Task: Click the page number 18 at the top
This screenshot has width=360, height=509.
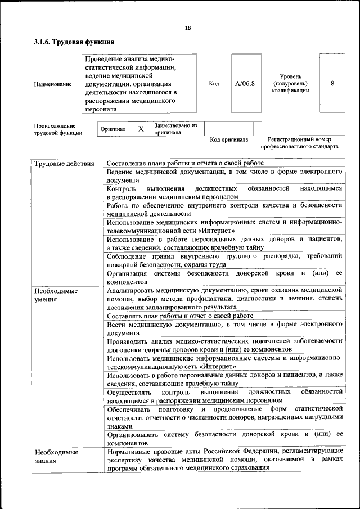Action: (x=187, y=28)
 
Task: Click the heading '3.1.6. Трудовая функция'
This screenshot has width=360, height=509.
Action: (x=74, y=42)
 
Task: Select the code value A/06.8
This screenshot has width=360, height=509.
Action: (x=245, y=83)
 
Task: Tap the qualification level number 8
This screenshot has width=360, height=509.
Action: (x=332, y=83)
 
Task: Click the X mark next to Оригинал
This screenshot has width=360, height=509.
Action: (x=141, y=129)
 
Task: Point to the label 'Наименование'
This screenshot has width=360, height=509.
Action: (x=53, y=84)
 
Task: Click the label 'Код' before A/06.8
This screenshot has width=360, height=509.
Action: (x=214, y=83)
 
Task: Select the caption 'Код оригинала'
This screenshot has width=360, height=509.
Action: (x=229, y=139)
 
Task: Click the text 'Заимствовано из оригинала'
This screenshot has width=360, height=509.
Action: (x=175, y=129)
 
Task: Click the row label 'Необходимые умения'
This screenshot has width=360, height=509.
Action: (x=56, y=295)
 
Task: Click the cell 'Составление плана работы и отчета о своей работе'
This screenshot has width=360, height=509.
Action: (x=185, y=163)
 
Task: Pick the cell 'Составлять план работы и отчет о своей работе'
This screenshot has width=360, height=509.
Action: (x=180, y=316)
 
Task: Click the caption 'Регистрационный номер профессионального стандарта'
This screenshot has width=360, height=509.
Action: (x=303, y=143)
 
